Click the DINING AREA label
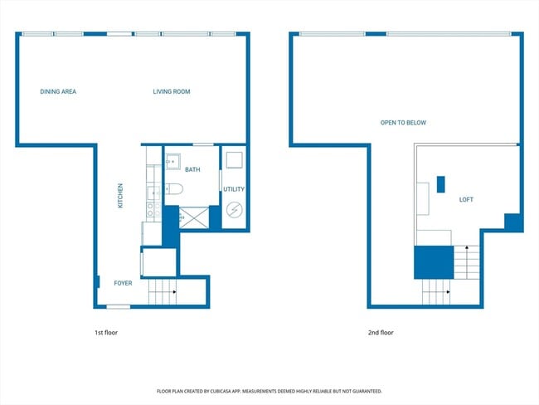58,91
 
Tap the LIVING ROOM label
172,91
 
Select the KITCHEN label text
120,196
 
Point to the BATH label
192,169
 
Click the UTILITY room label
234,189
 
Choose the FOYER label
123,283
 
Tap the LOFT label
466,199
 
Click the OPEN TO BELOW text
403,123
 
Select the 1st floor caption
106,333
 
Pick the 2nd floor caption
381,333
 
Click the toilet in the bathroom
174,189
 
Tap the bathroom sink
173,162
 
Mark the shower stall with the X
194,217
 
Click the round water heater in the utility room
235,209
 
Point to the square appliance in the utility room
235,160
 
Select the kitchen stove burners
153,209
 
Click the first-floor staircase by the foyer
163,292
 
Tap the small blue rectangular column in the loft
440,184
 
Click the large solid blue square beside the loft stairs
434,262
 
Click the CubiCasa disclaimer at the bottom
269,391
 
